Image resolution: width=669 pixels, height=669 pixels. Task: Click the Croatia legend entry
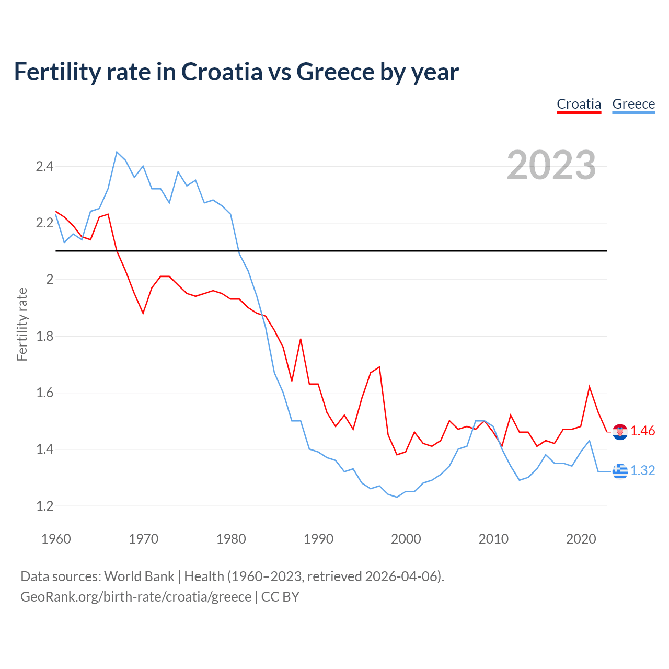tap(579, 104)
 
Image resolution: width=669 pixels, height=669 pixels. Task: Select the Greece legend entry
tap(633, 104)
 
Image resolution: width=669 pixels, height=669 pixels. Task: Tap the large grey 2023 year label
tap(551, 165)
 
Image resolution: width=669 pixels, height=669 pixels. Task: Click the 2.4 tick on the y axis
tap(44, 167)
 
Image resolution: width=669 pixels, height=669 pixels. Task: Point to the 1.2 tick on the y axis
tap(44, 506)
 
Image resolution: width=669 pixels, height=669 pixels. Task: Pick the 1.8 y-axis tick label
tap(44, 336)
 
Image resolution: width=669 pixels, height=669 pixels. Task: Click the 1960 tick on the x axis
tap(56, 539)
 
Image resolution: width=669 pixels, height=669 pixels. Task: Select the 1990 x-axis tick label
tap(318, 539)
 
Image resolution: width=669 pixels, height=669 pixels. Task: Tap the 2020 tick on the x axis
tap(581, 539)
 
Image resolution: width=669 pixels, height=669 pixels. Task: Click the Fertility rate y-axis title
tap(22, 324)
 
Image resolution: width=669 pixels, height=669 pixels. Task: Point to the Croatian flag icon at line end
tap(620, 432)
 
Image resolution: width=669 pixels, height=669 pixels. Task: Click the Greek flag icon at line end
tap(620, 471)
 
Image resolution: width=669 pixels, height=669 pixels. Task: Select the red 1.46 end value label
tap(642, 431)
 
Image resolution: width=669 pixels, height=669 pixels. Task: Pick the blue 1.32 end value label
tap(642, 470)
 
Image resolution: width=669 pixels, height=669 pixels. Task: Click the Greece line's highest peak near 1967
tap(117, 152)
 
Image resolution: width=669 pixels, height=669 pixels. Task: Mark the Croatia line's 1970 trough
tap(143, 313)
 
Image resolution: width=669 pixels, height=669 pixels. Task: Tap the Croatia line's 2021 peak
tap(590, 387)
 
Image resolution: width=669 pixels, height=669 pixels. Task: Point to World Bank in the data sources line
tap(139, 576)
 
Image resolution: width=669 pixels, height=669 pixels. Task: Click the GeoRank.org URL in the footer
tap(136, 597)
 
